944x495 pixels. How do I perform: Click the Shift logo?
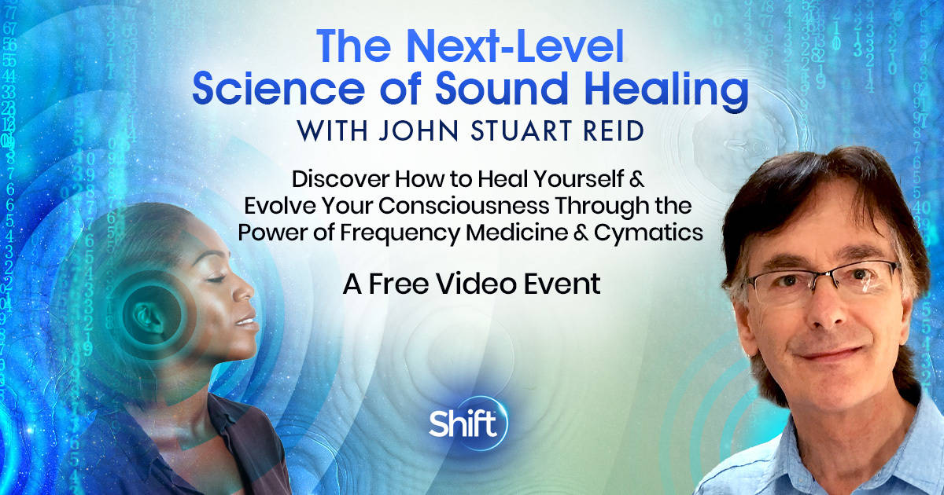tap(467, 422)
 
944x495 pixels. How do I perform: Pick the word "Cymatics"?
tap(648, 233)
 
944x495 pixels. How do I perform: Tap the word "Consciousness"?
tap(463, 206)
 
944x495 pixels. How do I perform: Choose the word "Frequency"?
tap(400, 233)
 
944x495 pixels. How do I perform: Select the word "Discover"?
tap(341, 179)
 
